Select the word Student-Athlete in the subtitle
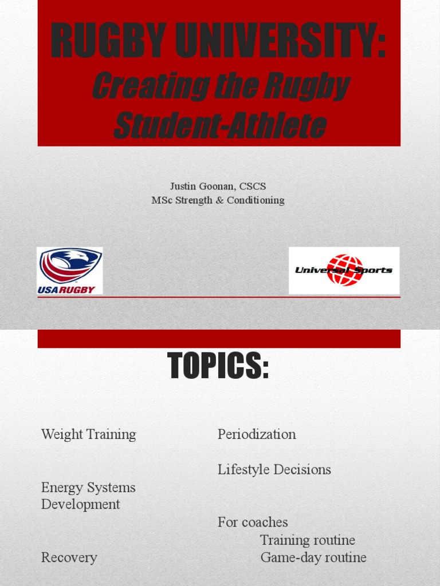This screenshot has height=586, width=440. pos(219,125)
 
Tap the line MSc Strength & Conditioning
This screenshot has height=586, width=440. pos(218,200)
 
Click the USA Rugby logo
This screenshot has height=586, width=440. pos(69,271)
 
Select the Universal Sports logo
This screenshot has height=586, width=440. pos(344,270)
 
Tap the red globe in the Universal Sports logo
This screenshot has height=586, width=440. pos(345,270)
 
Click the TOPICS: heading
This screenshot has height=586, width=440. pos(218,366)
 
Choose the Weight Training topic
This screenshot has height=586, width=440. pos(89,434)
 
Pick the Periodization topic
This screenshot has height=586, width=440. pos(257,434)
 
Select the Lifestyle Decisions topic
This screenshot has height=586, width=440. pos(274,470)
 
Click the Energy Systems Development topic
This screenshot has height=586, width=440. pos(88,496)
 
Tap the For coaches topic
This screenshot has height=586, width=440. pos(253,522)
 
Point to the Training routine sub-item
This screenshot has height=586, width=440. pos(308,540)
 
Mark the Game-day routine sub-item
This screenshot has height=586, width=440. pos(313,557)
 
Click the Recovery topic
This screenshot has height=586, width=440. pos(69,557)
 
